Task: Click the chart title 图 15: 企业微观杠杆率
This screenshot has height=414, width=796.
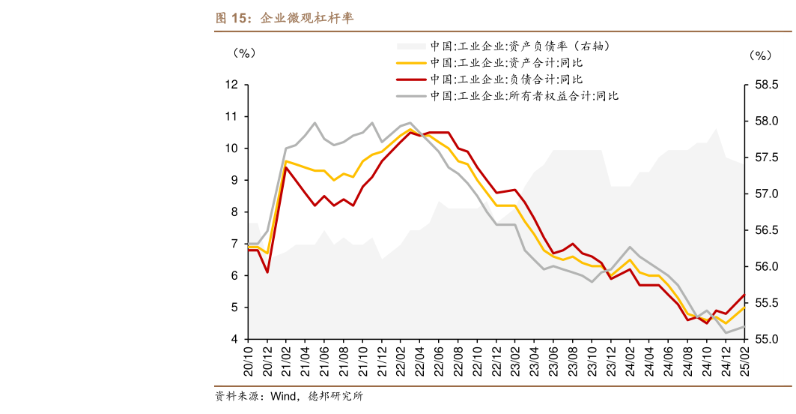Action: (284, 19)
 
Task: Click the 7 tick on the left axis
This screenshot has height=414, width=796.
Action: (234, 244)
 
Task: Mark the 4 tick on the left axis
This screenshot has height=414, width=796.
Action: (234, 339)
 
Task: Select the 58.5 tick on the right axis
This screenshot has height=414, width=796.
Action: (766, 85)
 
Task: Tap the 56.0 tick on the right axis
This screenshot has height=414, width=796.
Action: (766, 266)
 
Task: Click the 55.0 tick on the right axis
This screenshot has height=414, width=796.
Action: (766, 339)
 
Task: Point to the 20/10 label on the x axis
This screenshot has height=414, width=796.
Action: (249, 361)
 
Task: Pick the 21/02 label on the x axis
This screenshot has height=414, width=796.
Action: (287, 361)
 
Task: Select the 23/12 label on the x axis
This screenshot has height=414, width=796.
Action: (611, 361)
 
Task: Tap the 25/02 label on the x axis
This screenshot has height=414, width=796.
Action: (744, 361)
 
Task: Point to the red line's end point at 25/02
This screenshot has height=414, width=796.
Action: (744, 295)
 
